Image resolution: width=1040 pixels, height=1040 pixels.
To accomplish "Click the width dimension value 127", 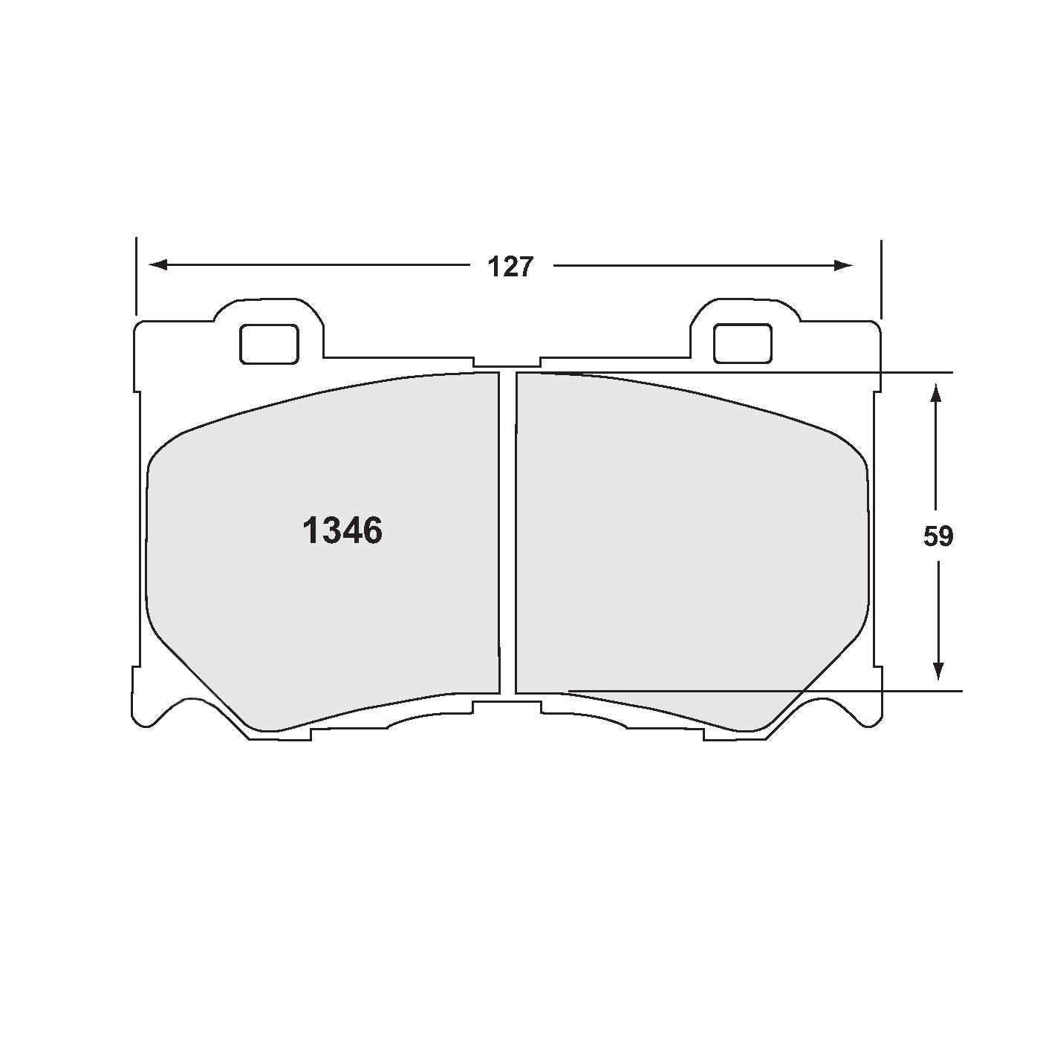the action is (x=510, y=267).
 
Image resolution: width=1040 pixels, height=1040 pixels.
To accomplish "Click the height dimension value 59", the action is (x=938, y=536).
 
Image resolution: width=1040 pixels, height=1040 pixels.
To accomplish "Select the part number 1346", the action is (x=342, y=530).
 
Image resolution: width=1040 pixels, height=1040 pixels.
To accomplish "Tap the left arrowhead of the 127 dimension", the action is (x=157, y=264).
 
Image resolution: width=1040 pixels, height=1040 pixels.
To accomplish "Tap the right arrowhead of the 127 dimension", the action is (x=843, y=265).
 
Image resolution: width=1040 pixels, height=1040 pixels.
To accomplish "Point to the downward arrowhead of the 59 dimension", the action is (x=938, y=670).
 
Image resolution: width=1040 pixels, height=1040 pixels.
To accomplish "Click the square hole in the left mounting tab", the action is (x=270, y=344).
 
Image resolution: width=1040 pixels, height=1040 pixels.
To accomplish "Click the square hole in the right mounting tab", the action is (x=743, y=343).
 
